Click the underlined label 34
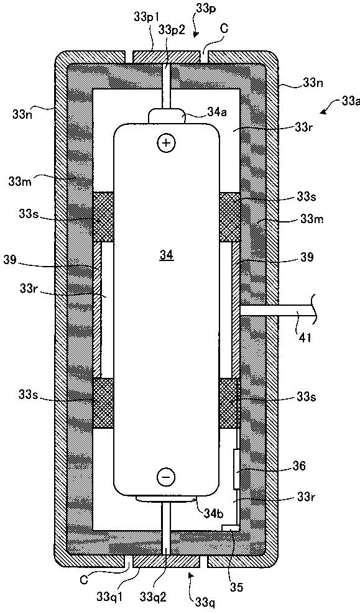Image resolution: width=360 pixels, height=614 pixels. click(167, 255)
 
